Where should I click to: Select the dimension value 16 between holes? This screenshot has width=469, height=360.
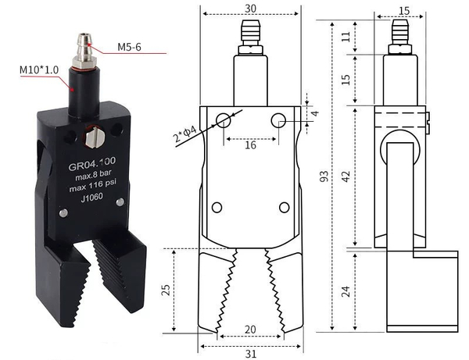click(x=249, y=145)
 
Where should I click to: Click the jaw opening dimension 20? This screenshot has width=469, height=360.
click(x=250, y=330)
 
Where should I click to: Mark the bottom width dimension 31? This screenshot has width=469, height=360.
click(x=250, y=354)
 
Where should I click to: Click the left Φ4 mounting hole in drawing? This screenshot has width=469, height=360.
click(x=224, y=119)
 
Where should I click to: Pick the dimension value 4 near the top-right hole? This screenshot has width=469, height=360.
click(x=315, y=113)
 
